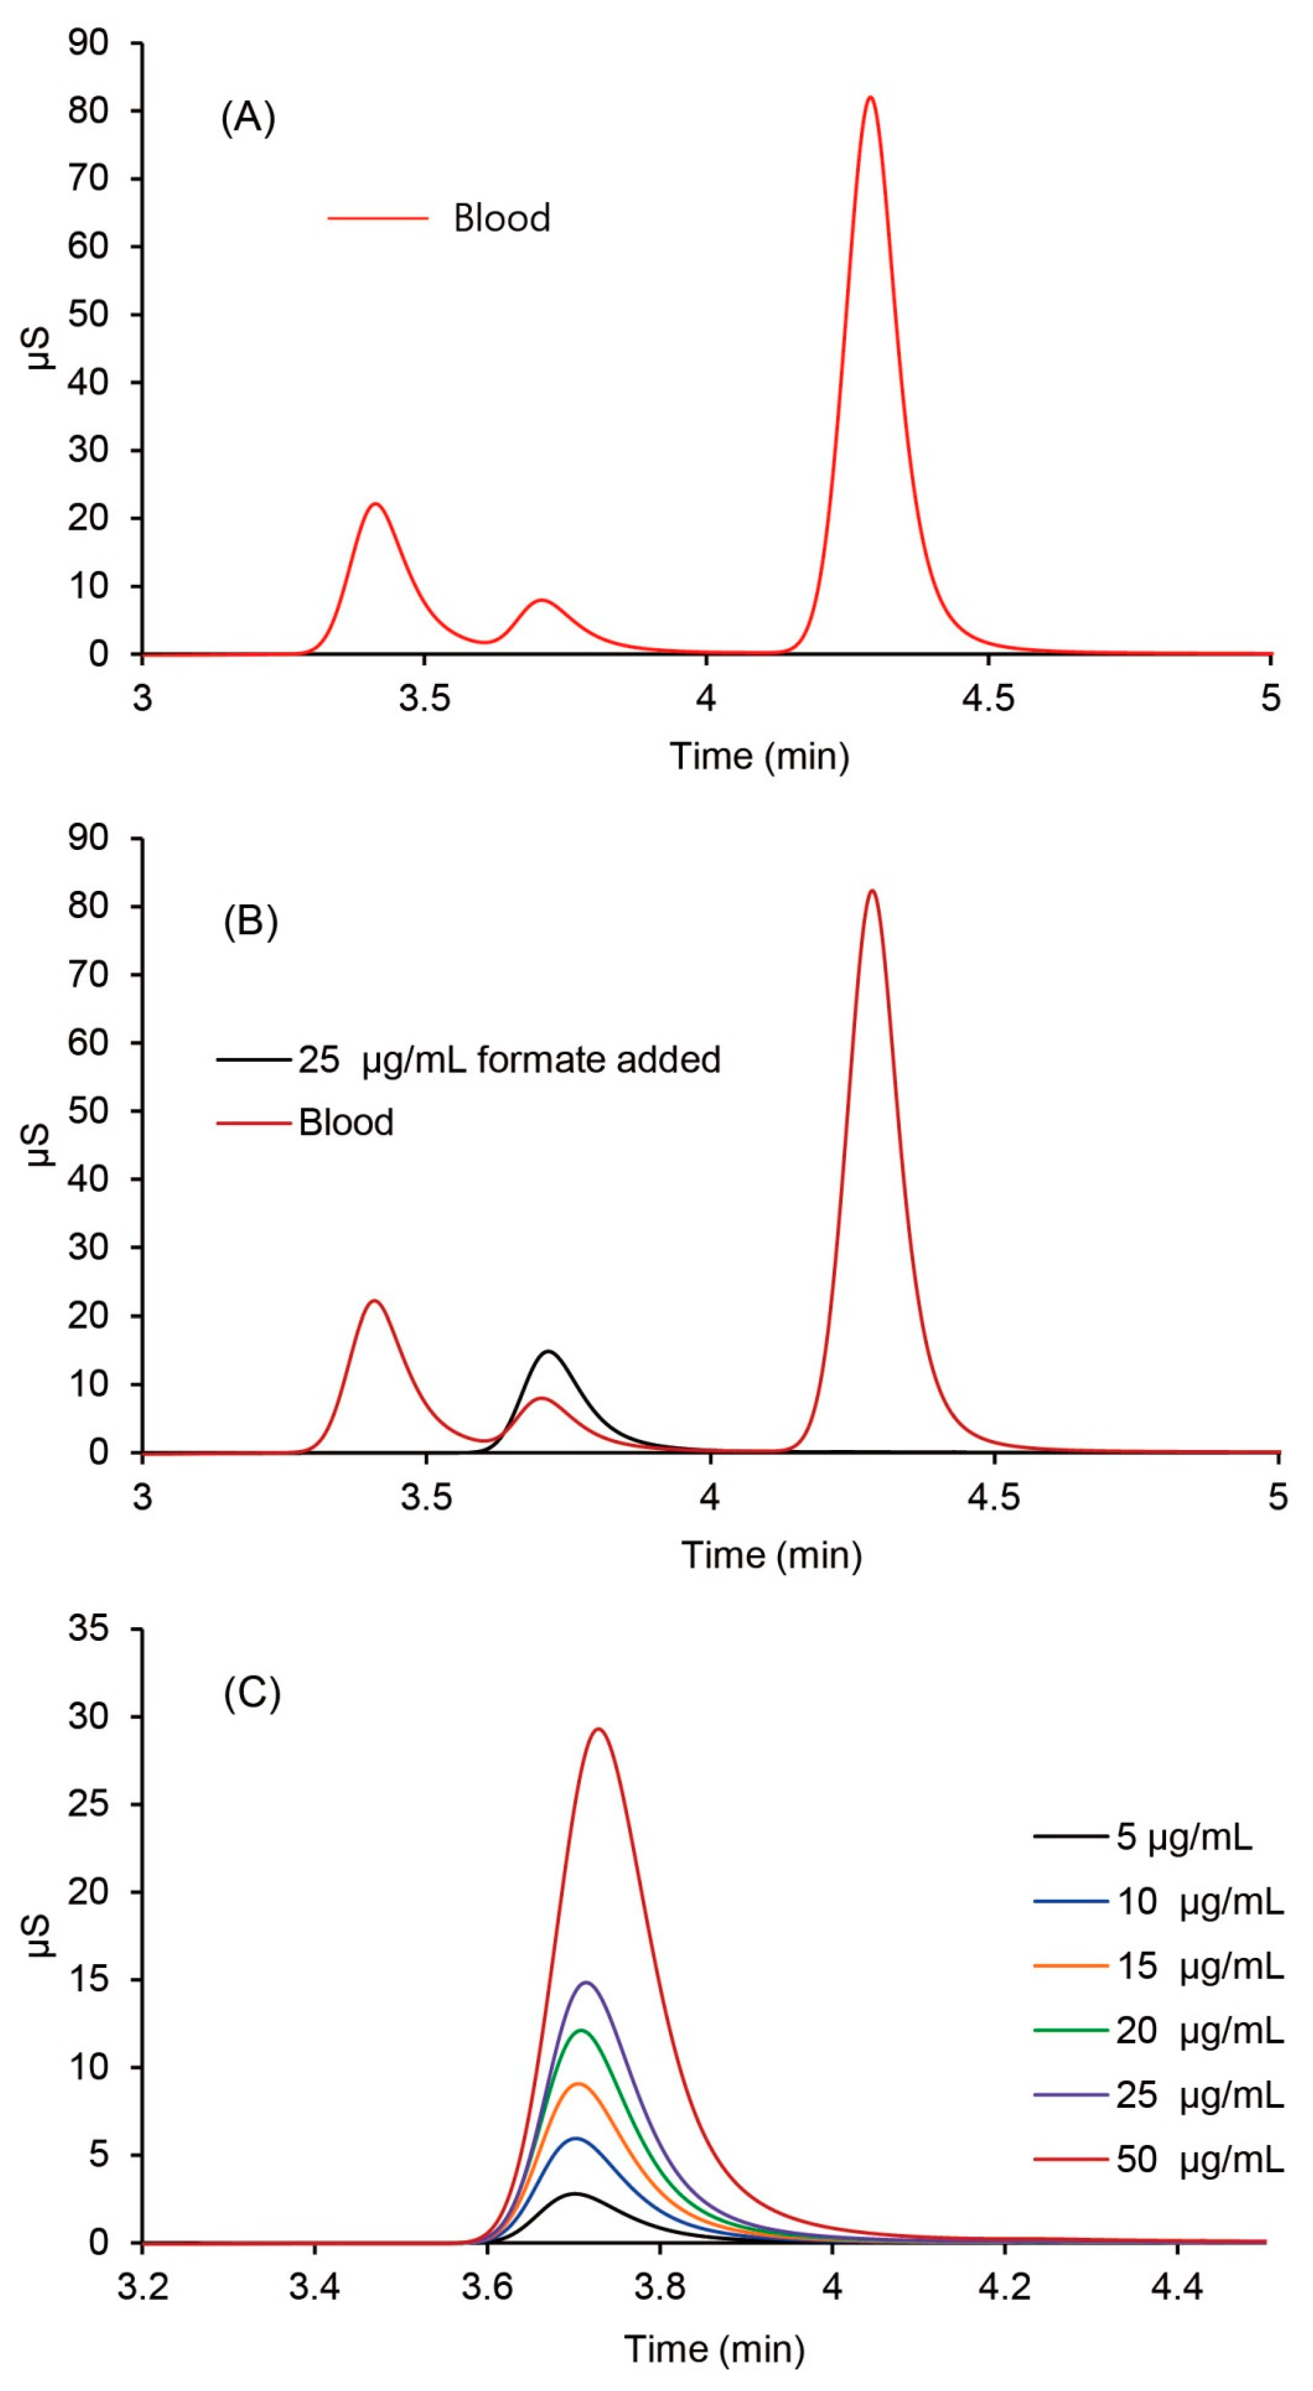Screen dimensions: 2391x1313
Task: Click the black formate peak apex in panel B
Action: (x=549, y=1351)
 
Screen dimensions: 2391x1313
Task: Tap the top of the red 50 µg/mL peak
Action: (x=599, y=1729)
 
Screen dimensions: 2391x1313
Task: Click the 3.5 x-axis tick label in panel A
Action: (x=424, y=697)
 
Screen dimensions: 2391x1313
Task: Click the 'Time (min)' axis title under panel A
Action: (x=759, y=757)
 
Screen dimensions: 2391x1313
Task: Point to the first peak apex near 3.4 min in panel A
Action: (x=376, y=504)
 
